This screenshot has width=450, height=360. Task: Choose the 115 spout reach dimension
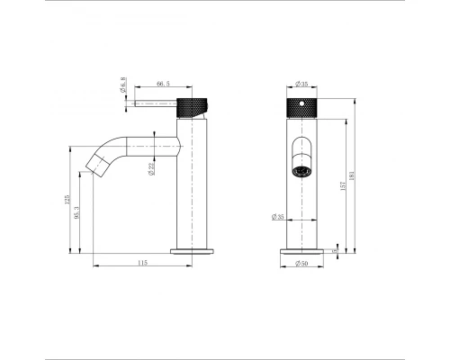coord(143,262)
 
